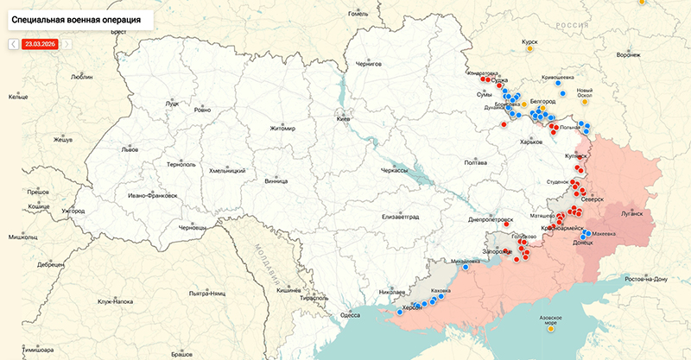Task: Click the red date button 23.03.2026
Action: tap(41, 43)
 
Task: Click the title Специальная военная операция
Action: tap(76, 17)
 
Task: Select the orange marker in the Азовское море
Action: tap(551, 327)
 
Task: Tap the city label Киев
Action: tap(343, 118)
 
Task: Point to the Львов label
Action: tap(130, 148)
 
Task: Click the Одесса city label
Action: tap(349, 315)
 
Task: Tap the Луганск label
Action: tap(631, 213)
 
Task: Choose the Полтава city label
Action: tap(476, 162)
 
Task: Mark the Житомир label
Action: tap(282, 129)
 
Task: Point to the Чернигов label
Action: tap(368, 65)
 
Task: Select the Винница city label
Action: tap(276, 182)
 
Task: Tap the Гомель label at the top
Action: tap(357, 14)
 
